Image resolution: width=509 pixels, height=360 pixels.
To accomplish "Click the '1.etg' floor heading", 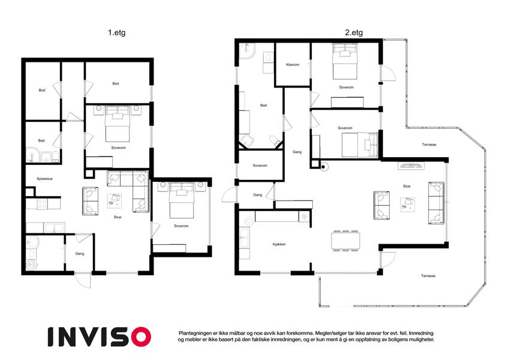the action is coord(116,32).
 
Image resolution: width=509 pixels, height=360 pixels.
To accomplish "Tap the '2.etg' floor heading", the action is coord(354,32).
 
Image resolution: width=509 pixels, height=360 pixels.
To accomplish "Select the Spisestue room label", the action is coord(44,179).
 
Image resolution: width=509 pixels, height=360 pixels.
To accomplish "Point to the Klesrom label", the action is coord(293,65).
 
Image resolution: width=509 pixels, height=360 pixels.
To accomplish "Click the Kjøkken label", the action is coord(279,244).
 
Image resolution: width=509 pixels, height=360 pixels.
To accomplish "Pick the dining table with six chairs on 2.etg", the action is coord(345,241).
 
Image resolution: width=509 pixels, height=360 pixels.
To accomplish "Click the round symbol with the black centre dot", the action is coord(323,167).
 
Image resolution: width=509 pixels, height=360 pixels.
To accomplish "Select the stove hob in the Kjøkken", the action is coord(248,220).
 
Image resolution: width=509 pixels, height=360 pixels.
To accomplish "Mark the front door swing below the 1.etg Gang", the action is coord(83,280).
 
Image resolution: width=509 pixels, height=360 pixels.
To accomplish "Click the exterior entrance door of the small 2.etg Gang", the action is coord(230,195).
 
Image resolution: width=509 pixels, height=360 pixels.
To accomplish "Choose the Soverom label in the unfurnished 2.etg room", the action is coord(260,166).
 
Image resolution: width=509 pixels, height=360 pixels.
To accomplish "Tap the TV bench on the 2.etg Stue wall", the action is coord(411,166).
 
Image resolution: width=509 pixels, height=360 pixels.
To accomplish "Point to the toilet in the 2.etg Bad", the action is coord(275,140).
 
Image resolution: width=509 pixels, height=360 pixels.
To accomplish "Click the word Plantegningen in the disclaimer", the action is coord(195,333).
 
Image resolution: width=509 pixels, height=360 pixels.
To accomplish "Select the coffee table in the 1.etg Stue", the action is coord(115,201).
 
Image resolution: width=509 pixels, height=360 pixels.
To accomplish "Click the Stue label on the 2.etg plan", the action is coord(406,186).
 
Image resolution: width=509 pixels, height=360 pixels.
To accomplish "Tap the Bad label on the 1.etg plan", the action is coord(41,140).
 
